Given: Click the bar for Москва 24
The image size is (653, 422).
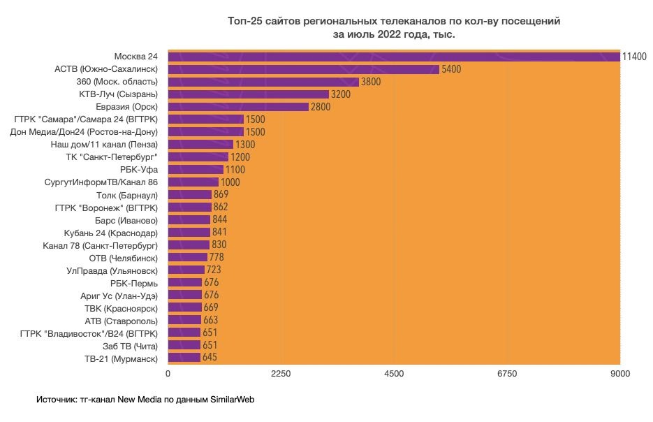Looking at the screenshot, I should [x=393, y=57].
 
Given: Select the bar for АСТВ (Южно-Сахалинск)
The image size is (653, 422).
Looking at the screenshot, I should [x=303, y=69].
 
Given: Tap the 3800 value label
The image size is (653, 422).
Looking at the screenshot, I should [x=370, y=82].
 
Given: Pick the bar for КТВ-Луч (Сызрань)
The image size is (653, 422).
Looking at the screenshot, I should [x=248, y=94].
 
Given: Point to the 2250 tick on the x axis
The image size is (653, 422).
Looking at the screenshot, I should [x=281, y=374].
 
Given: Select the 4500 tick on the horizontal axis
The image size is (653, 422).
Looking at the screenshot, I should [x=394, y=374].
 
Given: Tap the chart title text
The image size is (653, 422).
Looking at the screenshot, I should [x=394, y=27].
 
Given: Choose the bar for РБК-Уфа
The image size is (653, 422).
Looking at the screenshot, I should [x=196, y=170].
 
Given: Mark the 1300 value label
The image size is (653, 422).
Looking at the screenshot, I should [x=245, y=145].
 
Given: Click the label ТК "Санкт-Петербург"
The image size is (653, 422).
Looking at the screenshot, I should [x=111, y=157].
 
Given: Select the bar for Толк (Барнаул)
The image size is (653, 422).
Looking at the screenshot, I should [x=189, y=195].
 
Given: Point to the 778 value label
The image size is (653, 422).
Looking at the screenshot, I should [x=217, y=258].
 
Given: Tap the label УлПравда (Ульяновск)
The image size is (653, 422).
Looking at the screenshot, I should [x=112, y=270].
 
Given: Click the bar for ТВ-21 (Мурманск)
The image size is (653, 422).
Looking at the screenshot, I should [x=184, y=358].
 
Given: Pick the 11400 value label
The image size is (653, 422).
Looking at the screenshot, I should [x=634, y=57].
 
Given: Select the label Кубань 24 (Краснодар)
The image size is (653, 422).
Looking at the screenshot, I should [x=110, y=233].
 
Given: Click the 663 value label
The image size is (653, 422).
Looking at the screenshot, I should [x=211, y=321].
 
